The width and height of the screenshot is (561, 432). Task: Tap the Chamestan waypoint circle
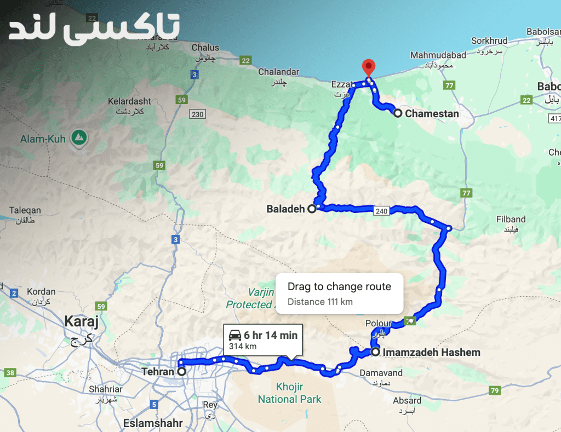click(x=398, y=113)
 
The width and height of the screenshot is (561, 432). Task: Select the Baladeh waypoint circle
click(x=312, y=208)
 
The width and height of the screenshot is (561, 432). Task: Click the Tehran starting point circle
click(x=181, y=371)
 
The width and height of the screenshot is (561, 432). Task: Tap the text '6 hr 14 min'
click(x=271, y=335)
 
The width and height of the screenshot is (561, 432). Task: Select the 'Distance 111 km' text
click(x=320, y=302)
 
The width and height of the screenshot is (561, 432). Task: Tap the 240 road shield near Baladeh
click(x=381, y=210)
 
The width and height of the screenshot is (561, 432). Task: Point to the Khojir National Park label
click(x=290, y=393)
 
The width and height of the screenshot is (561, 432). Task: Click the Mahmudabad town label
click(x=438, y=55)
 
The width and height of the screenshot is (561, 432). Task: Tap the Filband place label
click(x=511, y=219)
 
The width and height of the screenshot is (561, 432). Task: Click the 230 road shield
click(x=197, y=114)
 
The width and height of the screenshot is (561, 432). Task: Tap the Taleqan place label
click(x=25, y=210)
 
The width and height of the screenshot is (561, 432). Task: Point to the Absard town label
click(x=407, y=401)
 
